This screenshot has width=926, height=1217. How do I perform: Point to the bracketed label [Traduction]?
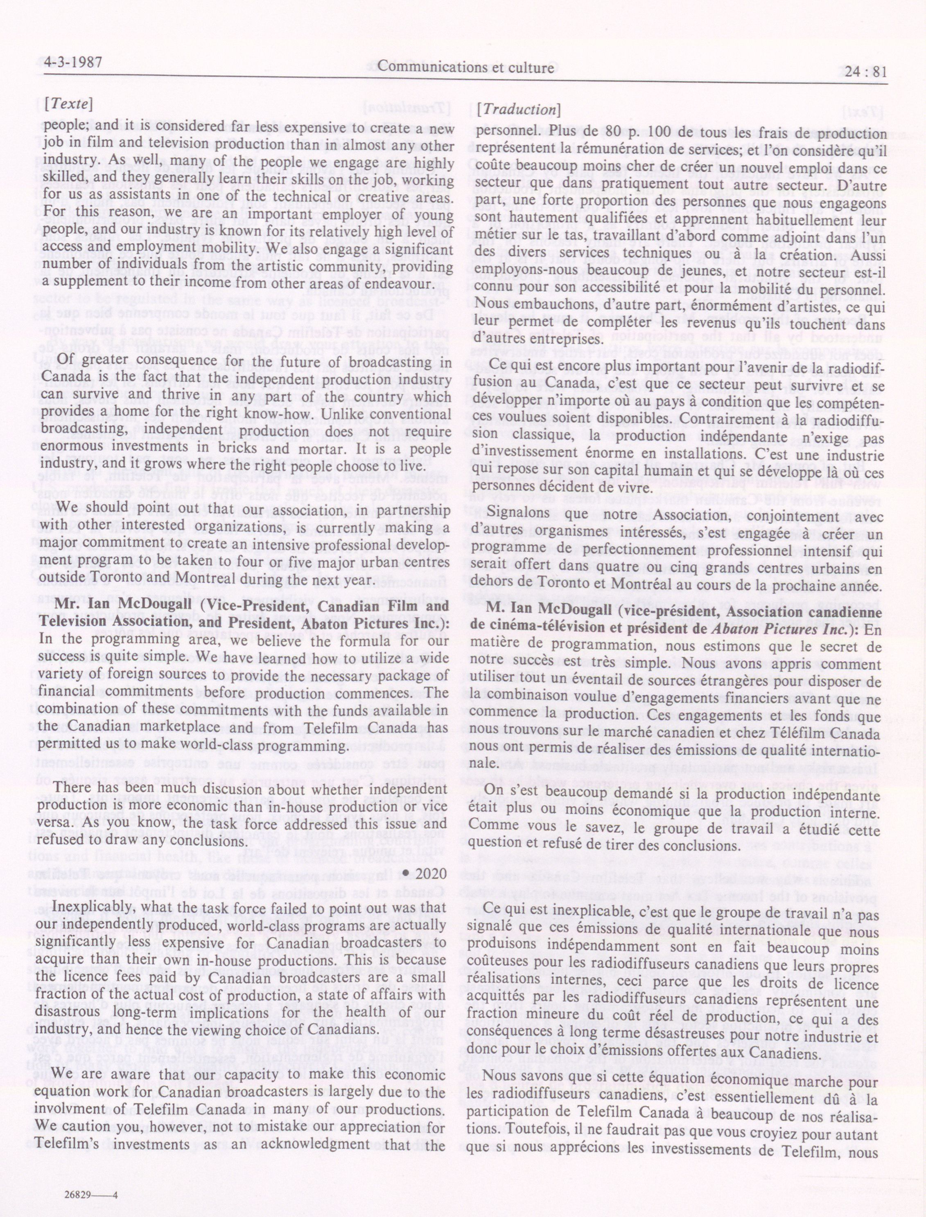coord(519,110)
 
